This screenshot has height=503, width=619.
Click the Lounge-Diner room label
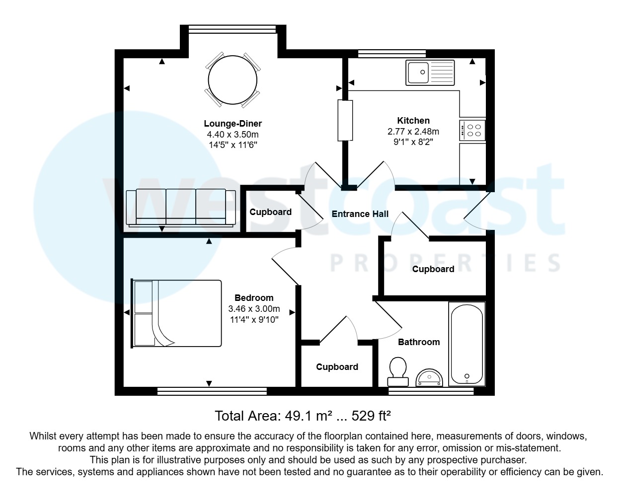click(232, 124)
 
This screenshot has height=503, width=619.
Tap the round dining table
click(232, 80)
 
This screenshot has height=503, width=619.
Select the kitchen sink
click(430, 72)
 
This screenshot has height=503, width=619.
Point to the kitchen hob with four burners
click(472, 130)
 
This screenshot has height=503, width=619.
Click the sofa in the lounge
click(181, 208)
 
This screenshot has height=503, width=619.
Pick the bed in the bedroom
click(177, 313)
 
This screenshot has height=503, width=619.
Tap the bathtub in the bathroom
click(466, 344)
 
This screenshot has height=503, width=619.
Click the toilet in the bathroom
click(397, 372)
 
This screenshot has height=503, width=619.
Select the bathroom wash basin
click(429, 378)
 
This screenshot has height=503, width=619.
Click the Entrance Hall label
click(360, 214)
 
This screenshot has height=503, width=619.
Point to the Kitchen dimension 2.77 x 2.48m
click(413, 132)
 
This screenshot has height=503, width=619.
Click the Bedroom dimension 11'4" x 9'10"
click(254, 320)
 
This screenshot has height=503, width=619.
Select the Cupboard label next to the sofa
click(270, 212)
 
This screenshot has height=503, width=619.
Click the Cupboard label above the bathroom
click(433, 269)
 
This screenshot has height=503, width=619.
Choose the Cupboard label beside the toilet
click(337, 367)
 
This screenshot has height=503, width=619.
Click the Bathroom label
click(419, 342)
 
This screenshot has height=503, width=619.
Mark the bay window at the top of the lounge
click(232, 29)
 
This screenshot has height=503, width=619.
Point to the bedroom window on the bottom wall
click(212, 391)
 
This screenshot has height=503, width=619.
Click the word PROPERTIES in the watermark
click(446, 263)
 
